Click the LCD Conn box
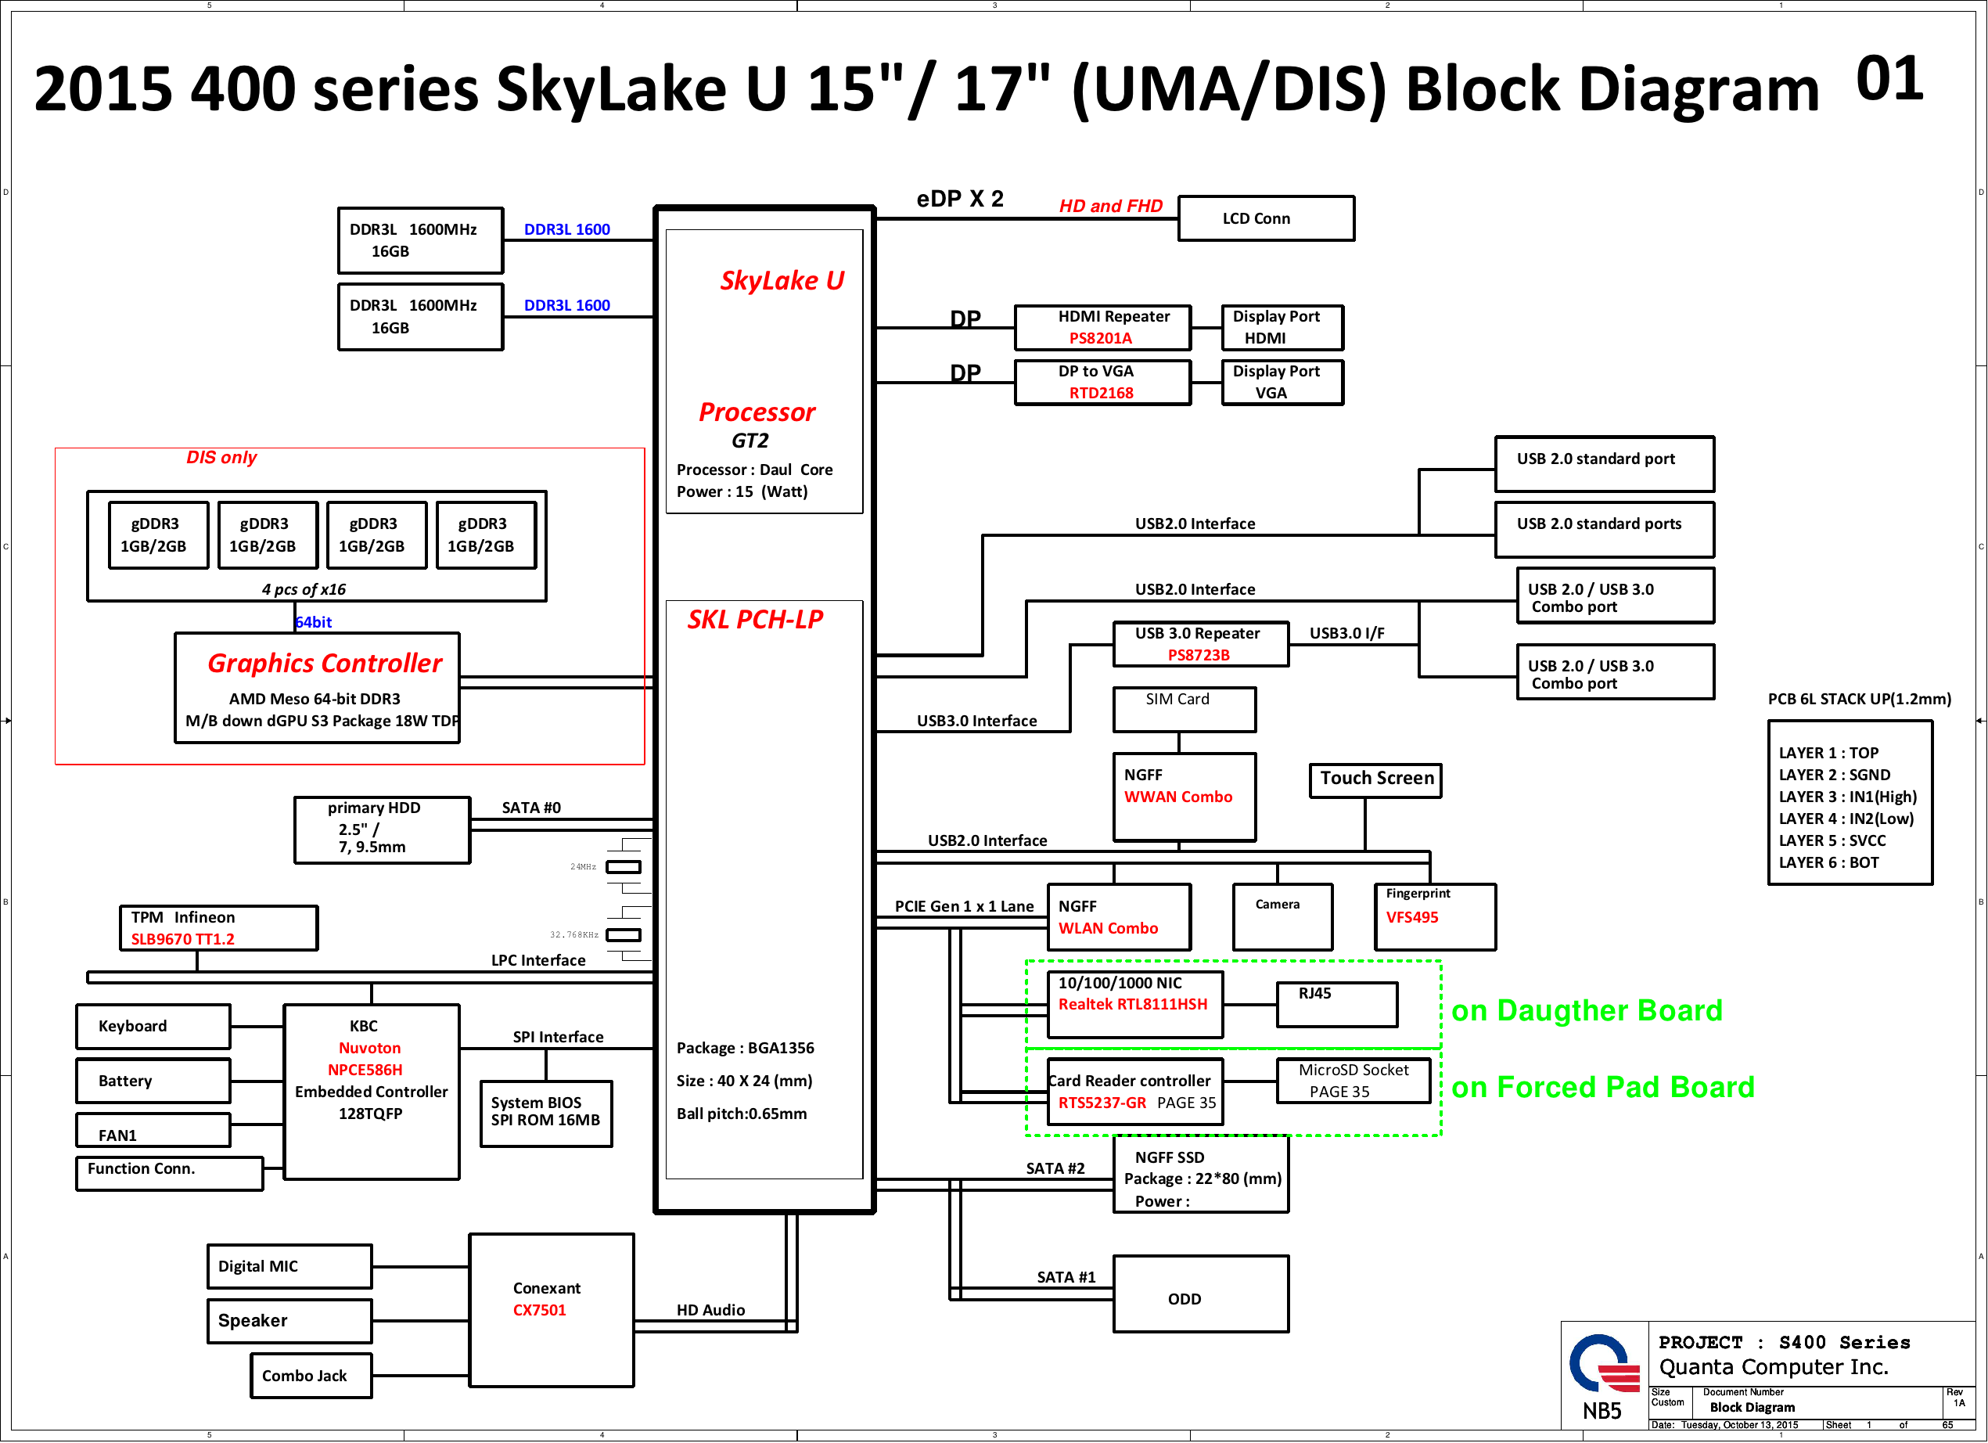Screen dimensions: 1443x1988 coord(1266,218)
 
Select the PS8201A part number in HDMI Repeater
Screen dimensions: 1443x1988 coord(1100,338)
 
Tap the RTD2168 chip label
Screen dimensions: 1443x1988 coord(1101,393)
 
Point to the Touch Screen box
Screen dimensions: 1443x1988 coord(1375,779)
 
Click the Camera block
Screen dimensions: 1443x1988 coord(1282,917)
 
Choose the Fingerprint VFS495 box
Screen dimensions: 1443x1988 coord(1435,917)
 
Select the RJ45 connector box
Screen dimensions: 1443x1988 coord(1337,1004)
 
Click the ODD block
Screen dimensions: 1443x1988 coord(1201,1294)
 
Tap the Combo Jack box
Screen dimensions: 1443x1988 coord(311,1376)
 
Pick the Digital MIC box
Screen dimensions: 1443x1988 coord(289,1266)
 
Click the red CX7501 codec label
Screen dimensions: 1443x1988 coord(539,1310)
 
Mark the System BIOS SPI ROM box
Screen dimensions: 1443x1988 coord(546,1114)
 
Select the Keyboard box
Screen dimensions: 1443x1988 coord(153,1027)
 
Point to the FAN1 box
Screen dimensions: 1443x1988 coord(153,1131)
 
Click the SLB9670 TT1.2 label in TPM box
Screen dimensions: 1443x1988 coord(182,939)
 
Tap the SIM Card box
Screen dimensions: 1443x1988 coord(1185,708)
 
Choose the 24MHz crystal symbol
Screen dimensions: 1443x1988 coord(624,867)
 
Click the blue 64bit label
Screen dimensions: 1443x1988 coord(314,622)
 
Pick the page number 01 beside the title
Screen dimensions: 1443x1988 coord(1889,79)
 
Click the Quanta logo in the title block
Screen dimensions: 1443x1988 coord(1603,1365)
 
